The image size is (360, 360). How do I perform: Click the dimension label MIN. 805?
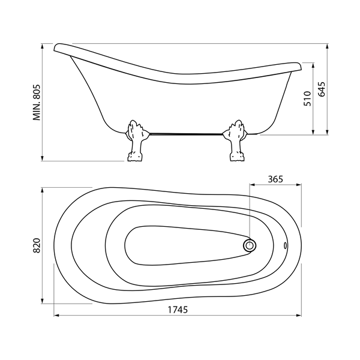coord(37,103)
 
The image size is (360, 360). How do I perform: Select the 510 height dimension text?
coord(307,98)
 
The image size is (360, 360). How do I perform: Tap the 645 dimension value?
coord(322,89)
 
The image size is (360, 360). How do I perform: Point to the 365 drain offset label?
coord(275,179)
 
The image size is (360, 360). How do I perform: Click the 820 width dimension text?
coord(37,245)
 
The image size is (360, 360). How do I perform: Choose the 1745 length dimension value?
coord(178,310)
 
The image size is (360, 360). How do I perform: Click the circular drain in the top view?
coord(250,245)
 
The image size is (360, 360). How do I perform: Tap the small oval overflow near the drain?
coord(286,245)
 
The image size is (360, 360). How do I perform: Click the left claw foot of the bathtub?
coord(136,140)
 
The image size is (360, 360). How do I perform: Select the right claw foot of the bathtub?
coord(236,140)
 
